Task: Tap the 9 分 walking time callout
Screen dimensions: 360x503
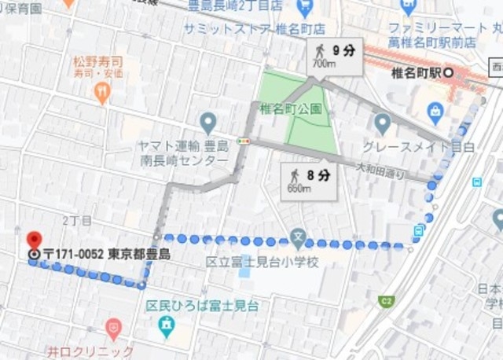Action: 336,56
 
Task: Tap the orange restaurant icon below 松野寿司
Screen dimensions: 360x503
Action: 101,94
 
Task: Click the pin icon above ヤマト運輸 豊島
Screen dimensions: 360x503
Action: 207,123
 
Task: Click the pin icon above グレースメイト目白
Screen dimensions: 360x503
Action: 382,123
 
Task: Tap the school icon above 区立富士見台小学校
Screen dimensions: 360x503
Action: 297,236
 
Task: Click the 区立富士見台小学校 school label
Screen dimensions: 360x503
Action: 263,261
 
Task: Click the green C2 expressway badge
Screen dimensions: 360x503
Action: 386,300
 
